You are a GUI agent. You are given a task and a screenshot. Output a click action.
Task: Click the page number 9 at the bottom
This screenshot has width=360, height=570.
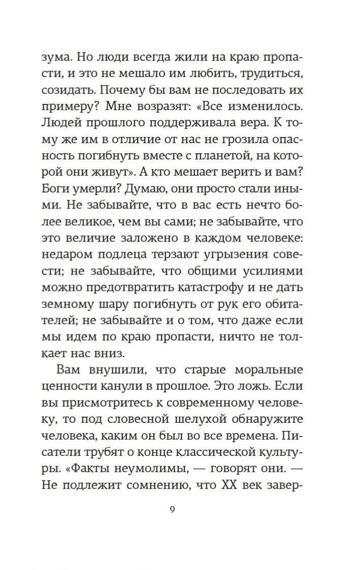click(x=172, y=510)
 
